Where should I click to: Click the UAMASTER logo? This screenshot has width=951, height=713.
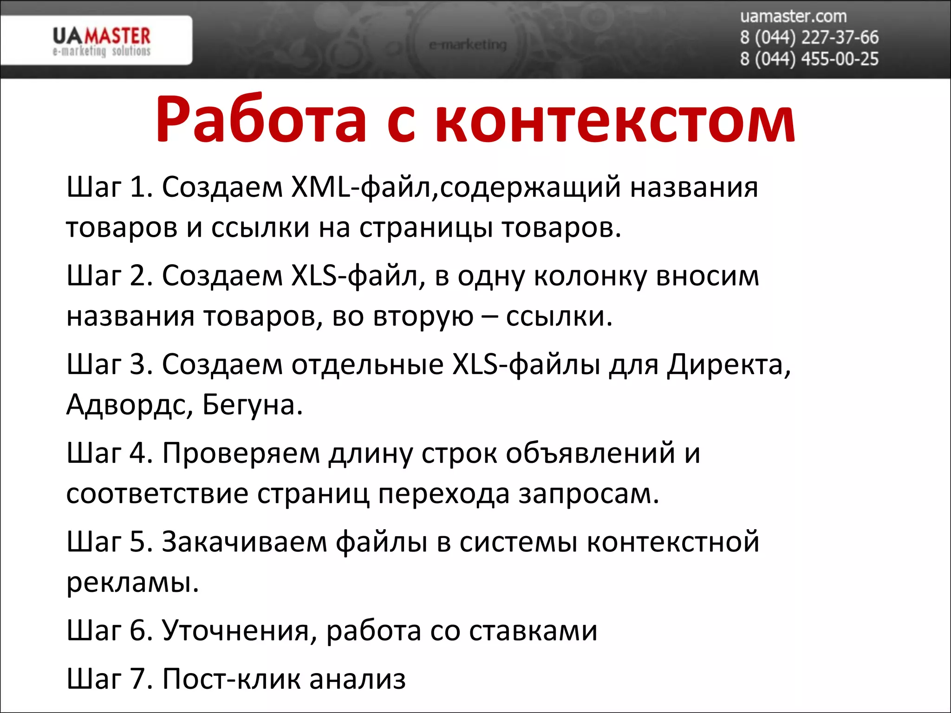coord(101,41)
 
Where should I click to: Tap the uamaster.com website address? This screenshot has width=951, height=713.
coord(793,16)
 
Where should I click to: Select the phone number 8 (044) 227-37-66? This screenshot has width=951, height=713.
coord(809,38)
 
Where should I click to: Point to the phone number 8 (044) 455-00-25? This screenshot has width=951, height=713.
coord(809,59)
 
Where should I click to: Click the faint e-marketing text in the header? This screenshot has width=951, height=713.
coord(468,45)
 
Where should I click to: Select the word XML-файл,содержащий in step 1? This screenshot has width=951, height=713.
coord(456,187)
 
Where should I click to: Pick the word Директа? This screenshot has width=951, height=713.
coord(729,364)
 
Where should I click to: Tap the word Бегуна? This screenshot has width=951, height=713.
coord(253,405)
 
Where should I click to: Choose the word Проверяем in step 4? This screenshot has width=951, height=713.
coord(241,453)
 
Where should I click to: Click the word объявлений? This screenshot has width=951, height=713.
coord(590,453)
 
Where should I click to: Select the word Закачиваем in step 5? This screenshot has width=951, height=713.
coord(244,542)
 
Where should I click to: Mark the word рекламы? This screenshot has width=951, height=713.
coord(132,583)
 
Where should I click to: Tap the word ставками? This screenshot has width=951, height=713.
coord(533,631)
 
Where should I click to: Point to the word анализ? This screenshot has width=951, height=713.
coord(358,679)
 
